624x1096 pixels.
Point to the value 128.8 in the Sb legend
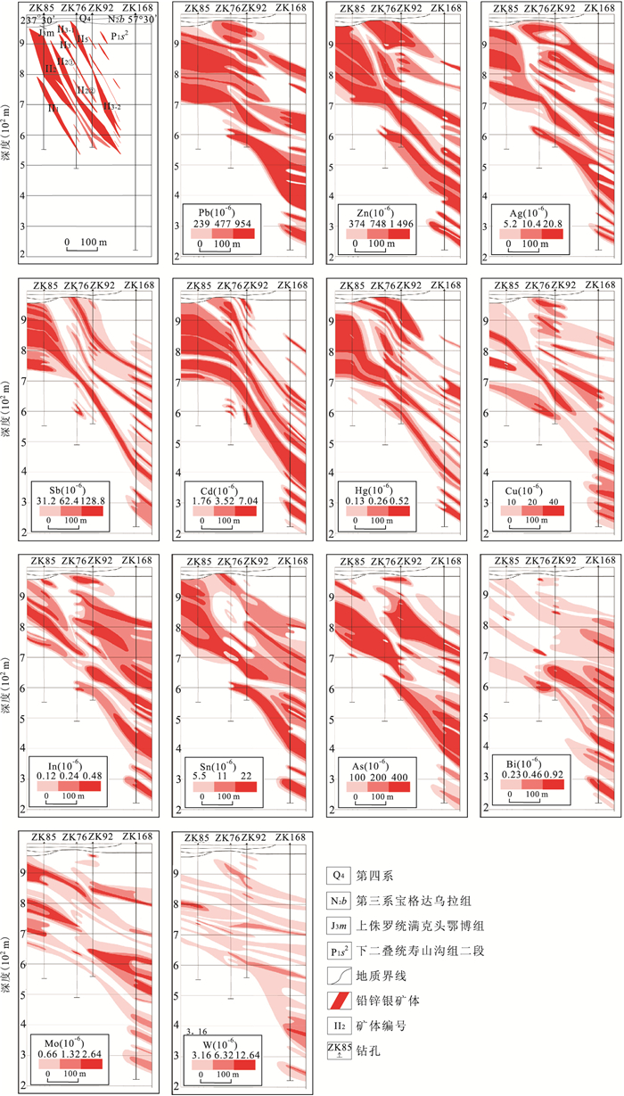[x=91, y=500]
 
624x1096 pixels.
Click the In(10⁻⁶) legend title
[x=69, y=764]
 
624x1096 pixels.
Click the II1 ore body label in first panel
[x=53, y=108]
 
